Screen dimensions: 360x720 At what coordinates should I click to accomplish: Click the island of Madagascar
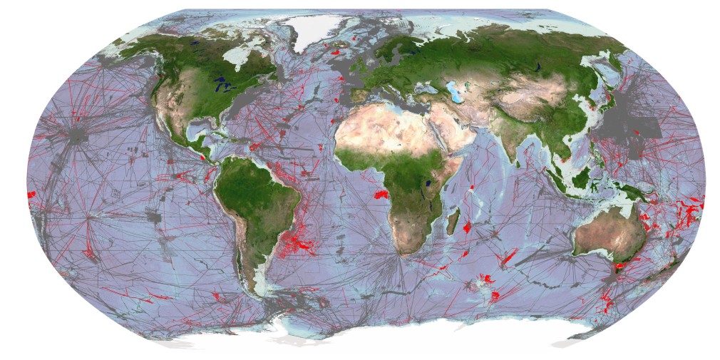tap(452, 220)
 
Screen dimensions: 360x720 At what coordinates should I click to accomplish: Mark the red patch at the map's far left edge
tap(31, 195)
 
